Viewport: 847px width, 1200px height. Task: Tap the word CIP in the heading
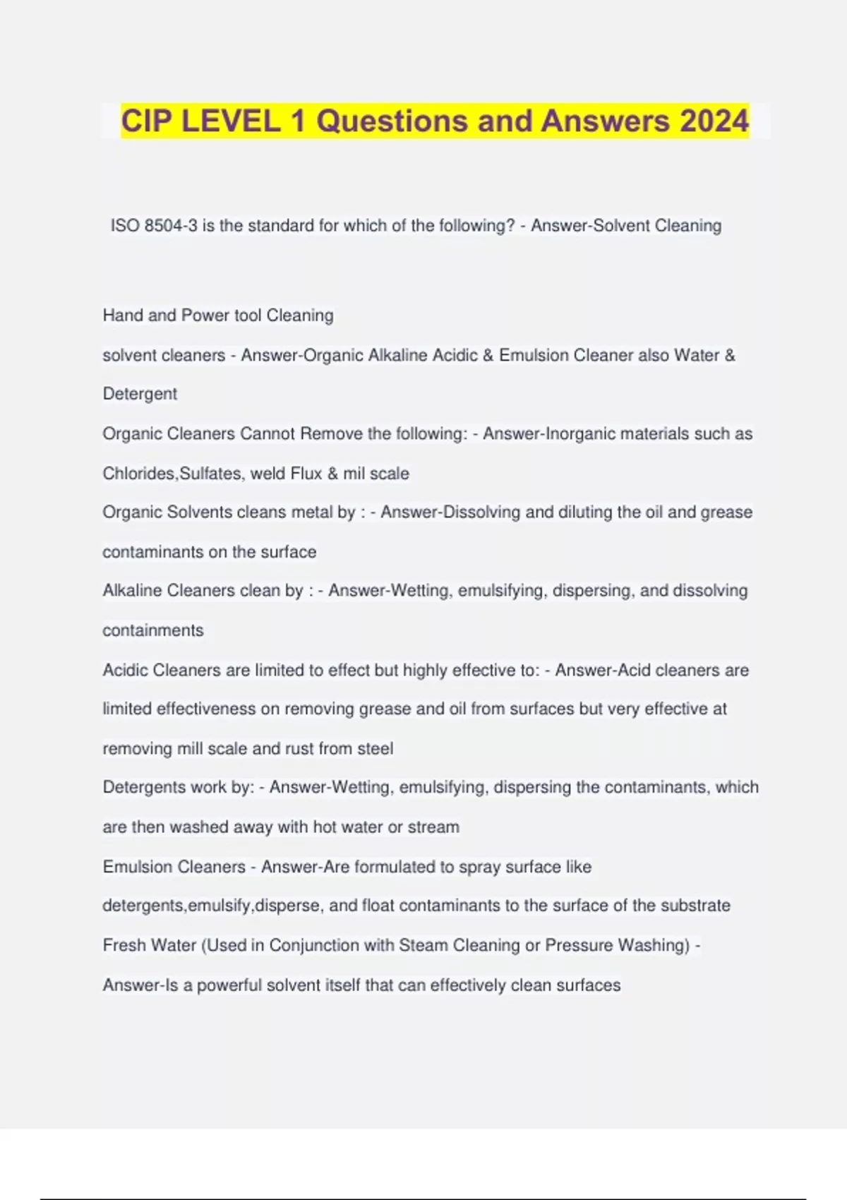click(x=145, y=121)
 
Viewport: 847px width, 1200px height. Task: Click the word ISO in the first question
click(x=125, y=226)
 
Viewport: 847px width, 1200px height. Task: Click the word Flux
click(x=306, y=473)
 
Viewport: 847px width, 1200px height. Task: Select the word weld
click(x=268, y=473)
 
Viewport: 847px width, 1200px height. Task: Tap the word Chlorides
click(x=138, y=473)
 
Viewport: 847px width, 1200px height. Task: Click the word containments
click(x=153, y=630)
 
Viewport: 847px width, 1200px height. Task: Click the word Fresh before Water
click(x=125, y=945)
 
